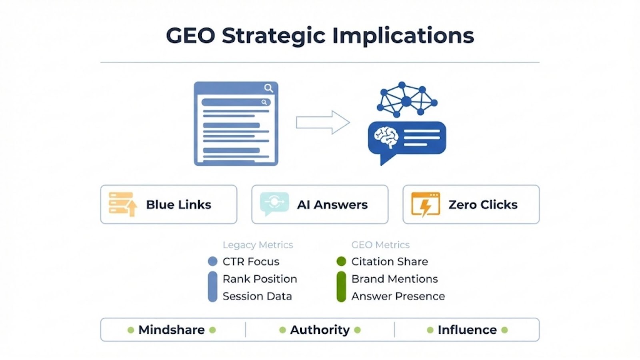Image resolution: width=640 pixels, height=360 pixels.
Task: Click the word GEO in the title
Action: [x=190, y=36]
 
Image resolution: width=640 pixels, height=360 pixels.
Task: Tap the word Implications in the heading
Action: [x=403, y=36]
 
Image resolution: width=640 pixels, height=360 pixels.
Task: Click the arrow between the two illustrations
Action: [x=323, y=122]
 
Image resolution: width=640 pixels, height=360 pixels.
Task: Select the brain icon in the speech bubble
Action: [x=386, y=138]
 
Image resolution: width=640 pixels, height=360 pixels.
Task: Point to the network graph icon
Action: [x=406, y=100]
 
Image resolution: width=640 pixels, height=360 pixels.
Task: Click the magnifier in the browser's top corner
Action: [x=268, y=88]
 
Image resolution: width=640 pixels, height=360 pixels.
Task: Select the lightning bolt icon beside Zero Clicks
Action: [x=426, y=204]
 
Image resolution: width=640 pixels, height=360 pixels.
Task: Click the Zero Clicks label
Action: [x=483, y=205]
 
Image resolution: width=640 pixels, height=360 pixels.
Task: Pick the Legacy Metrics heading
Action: [x=258, y=245]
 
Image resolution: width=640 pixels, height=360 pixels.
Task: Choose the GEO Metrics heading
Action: [x=380, y=245]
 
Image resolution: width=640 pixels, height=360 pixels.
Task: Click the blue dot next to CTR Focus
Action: [x=213, y=262]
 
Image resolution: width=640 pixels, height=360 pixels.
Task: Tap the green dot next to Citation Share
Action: [x=341, y=262]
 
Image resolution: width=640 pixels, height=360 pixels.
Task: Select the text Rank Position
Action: [x=260, y=279]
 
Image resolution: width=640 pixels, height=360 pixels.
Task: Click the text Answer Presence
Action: [x=398, y=296]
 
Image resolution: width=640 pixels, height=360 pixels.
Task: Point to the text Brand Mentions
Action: [x=394, y=279]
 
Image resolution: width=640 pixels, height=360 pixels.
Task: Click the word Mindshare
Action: [x=171, y=330]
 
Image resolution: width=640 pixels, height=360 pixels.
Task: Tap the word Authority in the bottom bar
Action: [x=320, y=330]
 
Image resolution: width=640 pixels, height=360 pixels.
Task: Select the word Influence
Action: [x=467, y=330]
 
